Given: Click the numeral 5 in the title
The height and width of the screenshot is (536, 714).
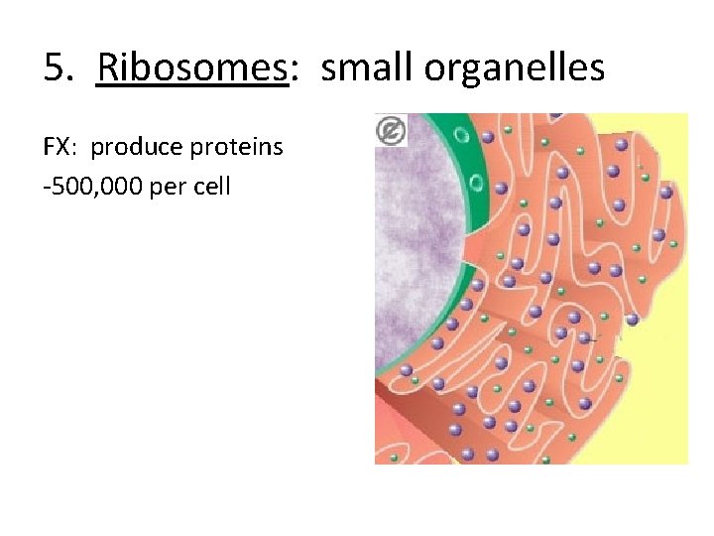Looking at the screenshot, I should tap(55, 68).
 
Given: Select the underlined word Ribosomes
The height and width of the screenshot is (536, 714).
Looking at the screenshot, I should tap(191, 68).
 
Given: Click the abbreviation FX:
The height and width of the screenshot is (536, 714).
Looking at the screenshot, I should tap(61, 148).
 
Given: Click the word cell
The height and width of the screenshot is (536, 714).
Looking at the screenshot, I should tap(211, 186).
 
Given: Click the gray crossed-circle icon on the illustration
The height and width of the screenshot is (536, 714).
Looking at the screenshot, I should tap(391, 130).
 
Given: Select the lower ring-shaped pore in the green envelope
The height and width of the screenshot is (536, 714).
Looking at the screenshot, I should tap(476, 183).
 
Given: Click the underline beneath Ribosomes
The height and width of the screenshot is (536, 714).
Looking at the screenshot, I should tap(191, 87).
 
